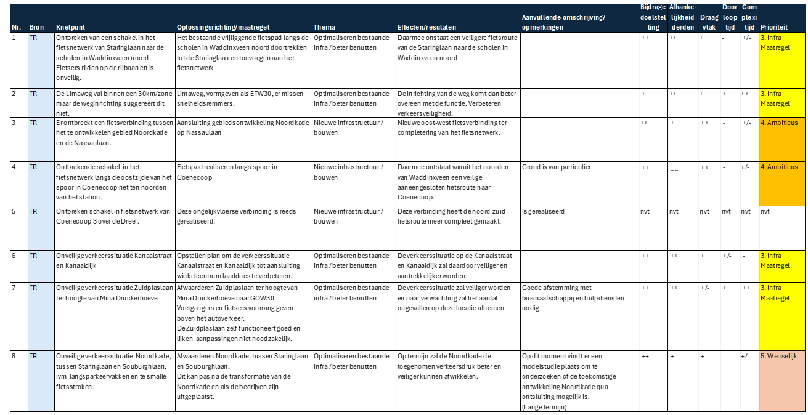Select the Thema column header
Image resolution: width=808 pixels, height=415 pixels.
coord(324,28)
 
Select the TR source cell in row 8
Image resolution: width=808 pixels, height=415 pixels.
coord(33,356)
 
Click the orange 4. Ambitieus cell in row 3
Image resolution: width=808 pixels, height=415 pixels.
coord(782,123)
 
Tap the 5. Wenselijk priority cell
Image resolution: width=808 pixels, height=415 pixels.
coord(782,356)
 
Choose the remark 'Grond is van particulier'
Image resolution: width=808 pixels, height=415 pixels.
coord(552,167)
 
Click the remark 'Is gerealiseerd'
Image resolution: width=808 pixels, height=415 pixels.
coord(543,211)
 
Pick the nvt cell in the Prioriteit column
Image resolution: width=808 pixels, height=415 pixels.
coord(765,211)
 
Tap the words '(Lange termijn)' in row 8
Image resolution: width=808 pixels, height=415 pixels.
coord(544,407)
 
